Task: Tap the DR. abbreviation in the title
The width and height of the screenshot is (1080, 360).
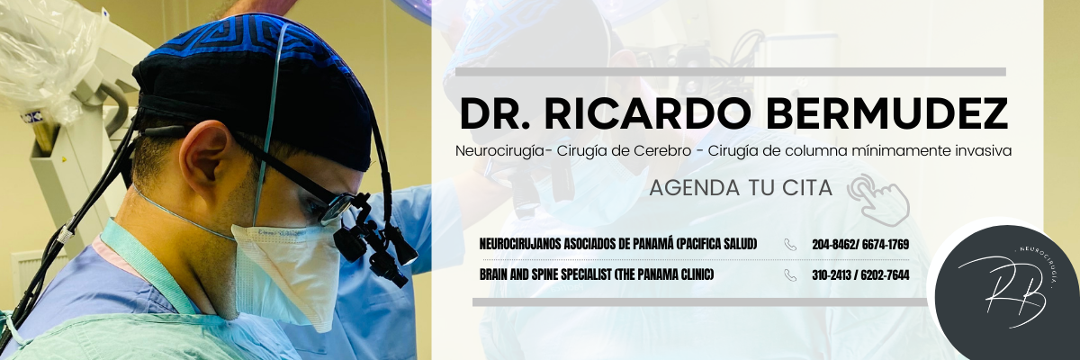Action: pyautogui.click(x=495, y=114)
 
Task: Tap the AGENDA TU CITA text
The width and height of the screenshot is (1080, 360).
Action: pyautogui.click(x=741, y=188)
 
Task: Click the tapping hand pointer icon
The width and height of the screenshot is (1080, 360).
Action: pyautogui.click(x=879, y=200)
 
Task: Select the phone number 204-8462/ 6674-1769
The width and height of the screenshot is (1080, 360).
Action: pyautogui.click(x=860, y=245)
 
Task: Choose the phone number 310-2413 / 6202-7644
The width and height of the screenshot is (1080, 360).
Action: pyautogui.click(x=860, y=275)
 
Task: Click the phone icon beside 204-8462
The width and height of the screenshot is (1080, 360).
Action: pyautogui.click(x=790, y=245)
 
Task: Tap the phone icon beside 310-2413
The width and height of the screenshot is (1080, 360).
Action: pyautogui.click(x=790, y=275)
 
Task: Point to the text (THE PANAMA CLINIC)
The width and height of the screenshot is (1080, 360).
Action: pyautogui.click(x=663, y=274)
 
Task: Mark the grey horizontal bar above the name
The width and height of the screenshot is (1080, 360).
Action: pyautogui.click(x=731, y=72)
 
